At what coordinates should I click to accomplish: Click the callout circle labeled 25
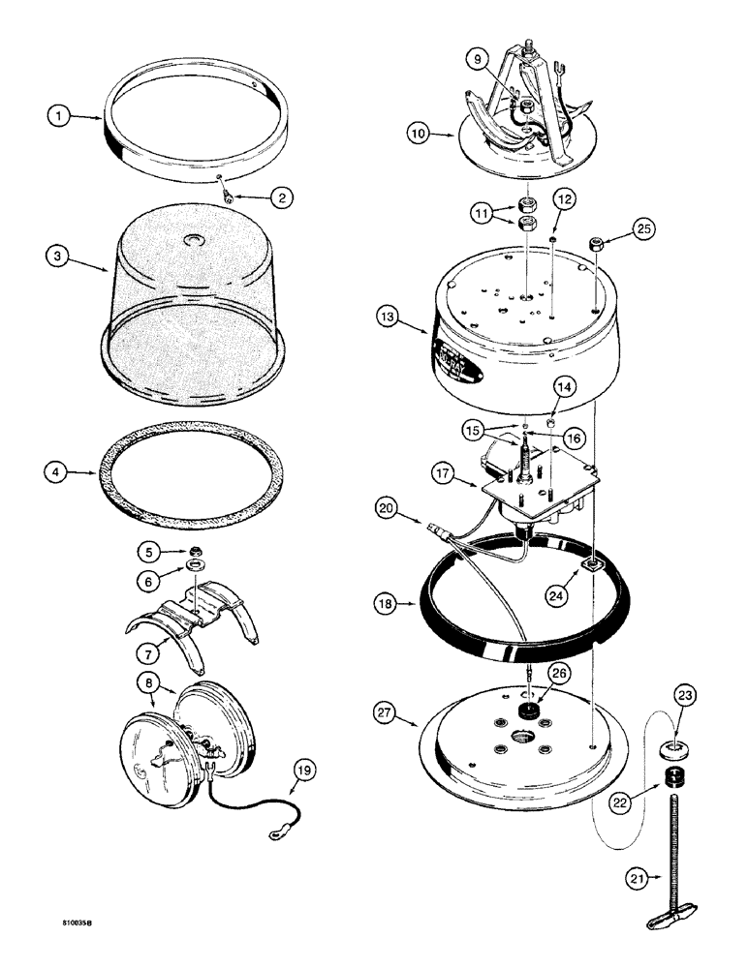[x=643, y=228]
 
